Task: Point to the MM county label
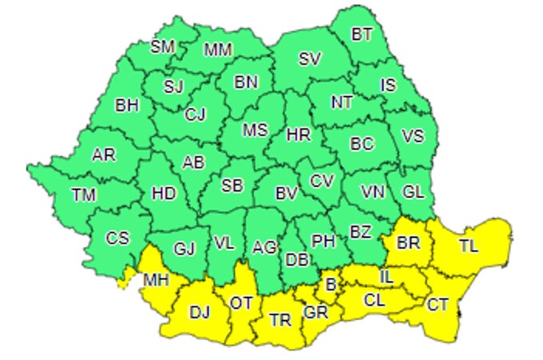(217, 49)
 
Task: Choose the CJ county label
(195, 114)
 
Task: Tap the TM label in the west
(83, 193)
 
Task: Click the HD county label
(164, 193)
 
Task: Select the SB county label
(232, 186)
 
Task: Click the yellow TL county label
(468, 246)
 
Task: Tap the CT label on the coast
(437, 304)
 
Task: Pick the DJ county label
(200, 311)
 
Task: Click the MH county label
(155, 280)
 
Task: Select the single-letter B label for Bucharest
(329, 283)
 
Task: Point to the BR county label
(408, 241)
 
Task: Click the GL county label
(413, 192)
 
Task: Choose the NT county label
(343, 102)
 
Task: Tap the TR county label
(279, 320)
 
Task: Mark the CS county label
(117, 238)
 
